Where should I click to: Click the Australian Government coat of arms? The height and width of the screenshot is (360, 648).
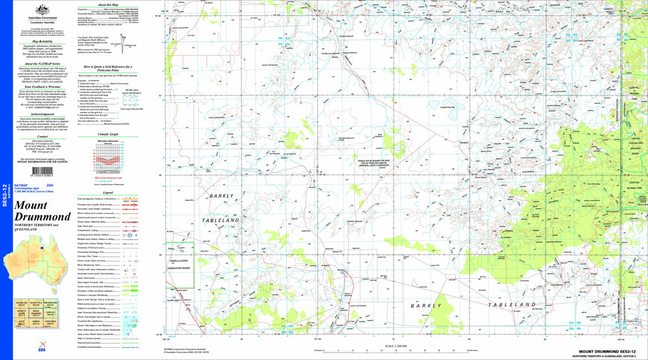click(x=42, y=9)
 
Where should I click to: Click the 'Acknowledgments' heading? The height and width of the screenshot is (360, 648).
click(x=42, y=115)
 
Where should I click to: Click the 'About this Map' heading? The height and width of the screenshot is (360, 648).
click(x=108, y=4)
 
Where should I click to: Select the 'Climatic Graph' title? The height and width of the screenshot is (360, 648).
click(x=108, y=134)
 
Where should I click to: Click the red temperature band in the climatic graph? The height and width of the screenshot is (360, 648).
click(x=106, y=161)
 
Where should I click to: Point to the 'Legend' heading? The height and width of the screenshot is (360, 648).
click(x=108, y=192)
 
